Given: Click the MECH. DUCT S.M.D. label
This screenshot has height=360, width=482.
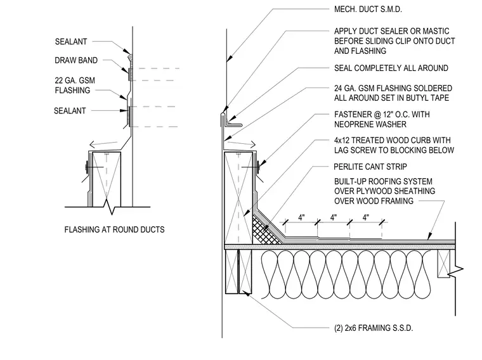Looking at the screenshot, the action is [368, 10].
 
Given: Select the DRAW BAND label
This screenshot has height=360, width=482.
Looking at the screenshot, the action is [76, 60].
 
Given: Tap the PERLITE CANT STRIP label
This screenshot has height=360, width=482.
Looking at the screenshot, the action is [370, 167].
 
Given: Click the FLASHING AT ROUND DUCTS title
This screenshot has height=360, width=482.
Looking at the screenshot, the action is [114, 229].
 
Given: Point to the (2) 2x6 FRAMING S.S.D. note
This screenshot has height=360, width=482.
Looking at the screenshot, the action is [374, 328].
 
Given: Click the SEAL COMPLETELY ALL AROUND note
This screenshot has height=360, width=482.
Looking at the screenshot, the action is [391, 68].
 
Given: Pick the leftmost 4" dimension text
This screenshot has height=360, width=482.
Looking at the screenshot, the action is [301, 217].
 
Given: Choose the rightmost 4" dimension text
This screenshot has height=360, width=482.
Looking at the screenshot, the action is [365, 217].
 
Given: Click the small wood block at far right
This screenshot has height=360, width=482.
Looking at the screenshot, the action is [443, 264].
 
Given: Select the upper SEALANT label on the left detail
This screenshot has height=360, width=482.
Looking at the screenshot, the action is [71, 41].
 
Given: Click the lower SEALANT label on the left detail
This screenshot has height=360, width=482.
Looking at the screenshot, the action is [70, 110].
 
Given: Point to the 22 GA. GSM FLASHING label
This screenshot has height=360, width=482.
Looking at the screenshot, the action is [75, 86].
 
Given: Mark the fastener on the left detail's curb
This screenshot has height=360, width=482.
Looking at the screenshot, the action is [87, 167].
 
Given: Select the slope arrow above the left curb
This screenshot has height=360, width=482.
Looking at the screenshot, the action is [103, 143].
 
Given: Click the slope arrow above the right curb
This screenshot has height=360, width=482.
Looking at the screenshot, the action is [242, 143].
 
